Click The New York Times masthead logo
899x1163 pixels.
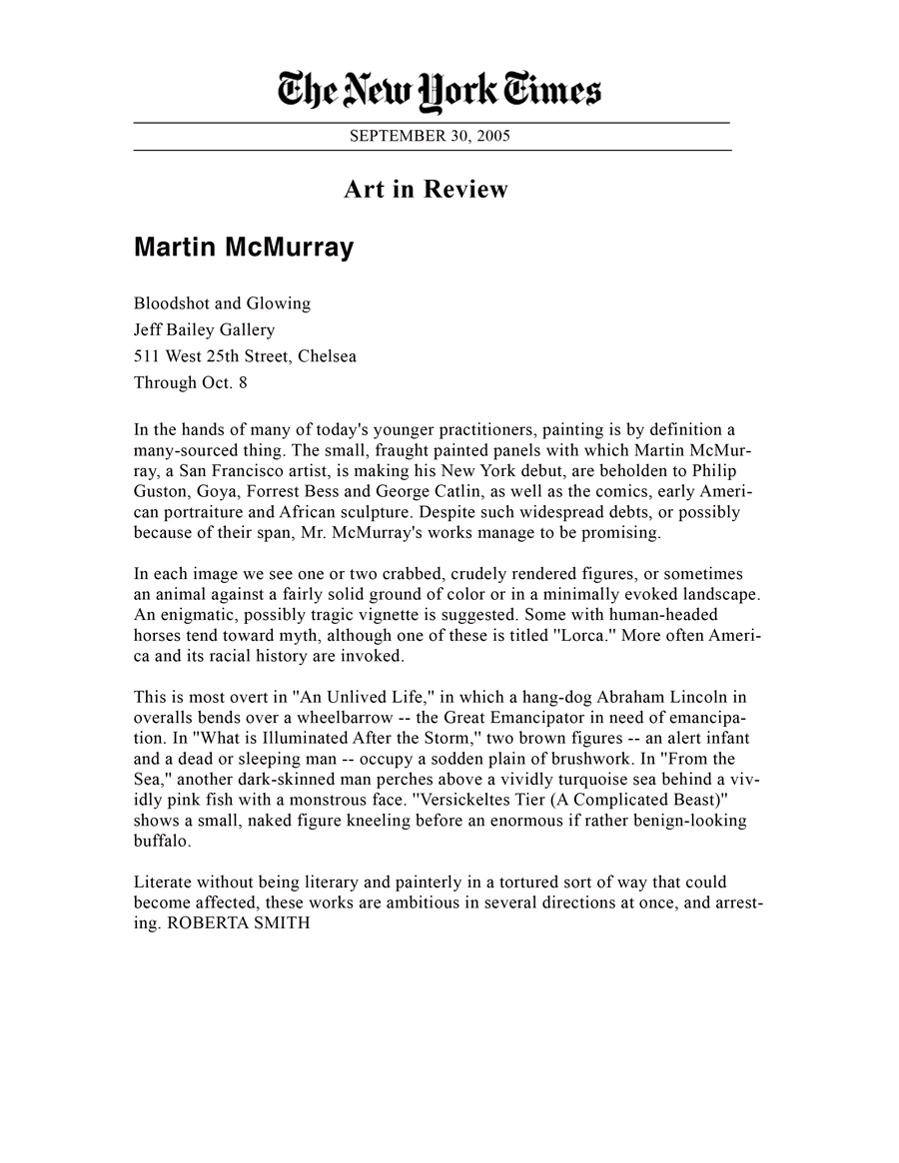pyautogui.click(x=439, y=96)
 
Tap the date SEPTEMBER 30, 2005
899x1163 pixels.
pyautogui.click(x=430, y=137)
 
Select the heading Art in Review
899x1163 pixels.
pyautogui.click(x=427, y=189)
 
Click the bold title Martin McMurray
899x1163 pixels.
pyautogui.click(x=244, y=248)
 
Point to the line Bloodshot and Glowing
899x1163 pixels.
pyautogui.click(x=222, y=303)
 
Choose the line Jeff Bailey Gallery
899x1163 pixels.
pyautogui.click(x=204, y=329)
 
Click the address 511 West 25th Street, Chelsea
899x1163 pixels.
pyautogui.click(x=245, y=355)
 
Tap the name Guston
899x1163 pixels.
pyautogui.click(x=163, y=491)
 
